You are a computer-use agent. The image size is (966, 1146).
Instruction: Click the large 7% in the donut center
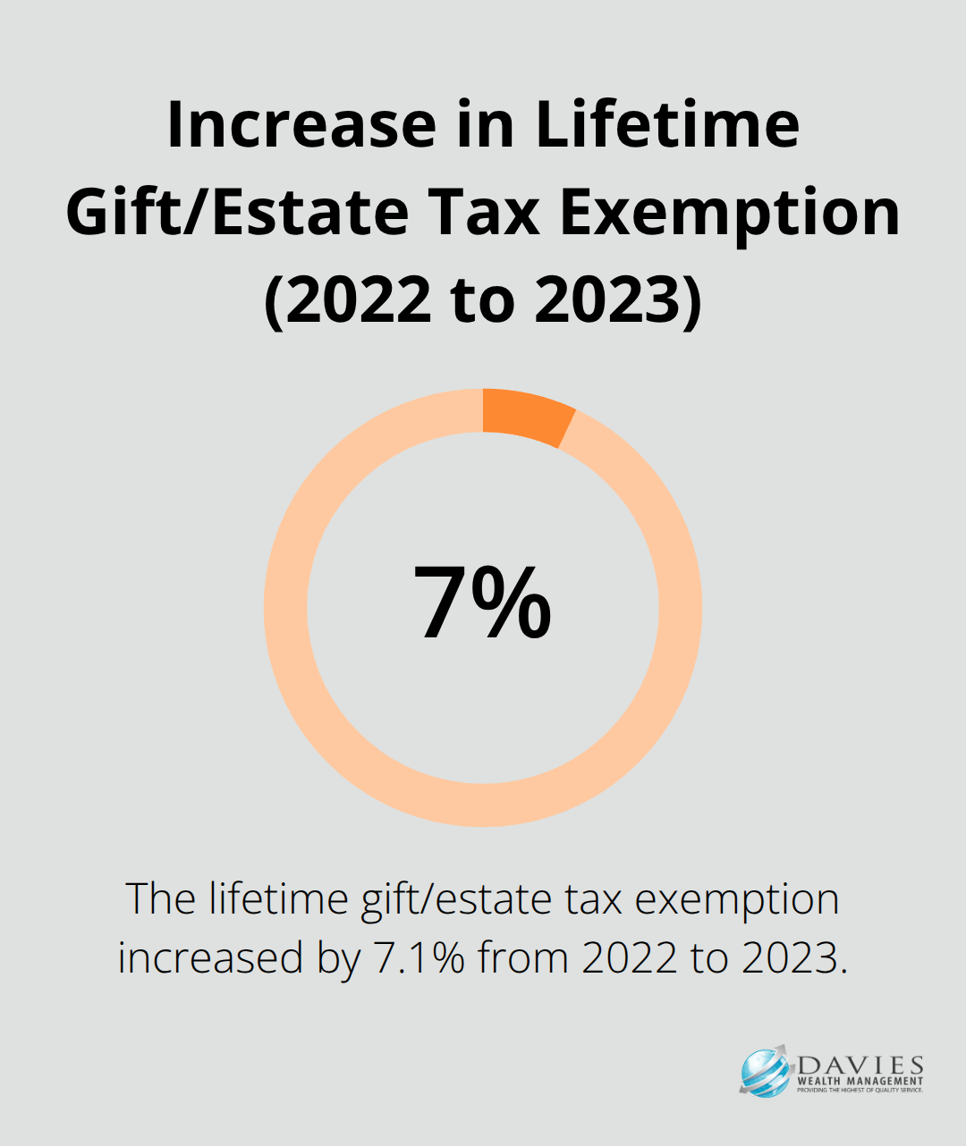pos(482,604)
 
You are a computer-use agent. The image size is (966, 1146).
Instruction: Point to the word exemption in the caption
pos(737,900)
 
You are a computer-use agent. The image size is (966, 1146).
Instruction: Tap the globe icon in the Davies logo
pos(766,1072)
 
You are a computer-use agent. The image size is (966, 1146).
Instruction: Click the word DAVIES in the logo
pos(860,1065)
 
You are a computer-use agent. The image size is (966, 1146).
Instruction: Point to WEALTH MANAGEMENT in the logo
pos(860,1081)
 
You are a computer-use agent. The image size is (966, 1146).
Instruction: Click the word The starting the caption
pos(160,900)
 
